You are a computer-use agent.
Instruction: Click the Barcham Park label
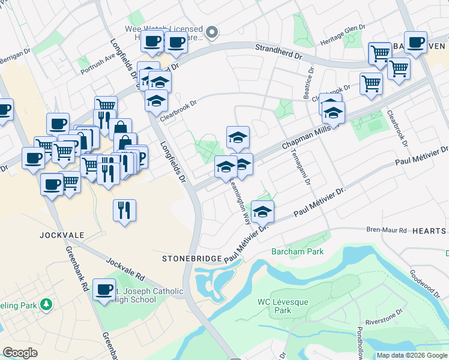pyautogui.click(x=297, y=251)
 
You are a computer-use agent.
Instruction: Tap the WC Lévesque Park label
pyautogui.click(x=274, y=306)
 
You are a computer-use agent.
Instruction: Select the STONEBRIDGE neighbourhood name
pyautogui.click(x=191, y=258)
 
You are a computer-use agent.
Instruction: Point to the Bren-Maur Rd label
pyautogui.click(x=387, y=230)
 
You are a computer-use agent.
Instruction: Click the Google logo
pyautogui.click(x=20, y=353)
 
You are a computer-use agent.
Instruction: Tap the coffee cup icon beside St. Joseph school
pyautogui.click(x=104, y=290)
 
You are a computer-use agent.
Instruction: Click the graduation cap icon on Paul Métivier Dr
pyautogui.click(x=262, y=212)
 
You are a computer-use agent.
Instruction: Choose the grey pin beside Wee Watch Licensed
pyautogui.click(x=211, y=32)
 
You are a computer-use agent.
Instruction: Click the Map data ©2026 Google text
pyautogui.click(x=412, y=355)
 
